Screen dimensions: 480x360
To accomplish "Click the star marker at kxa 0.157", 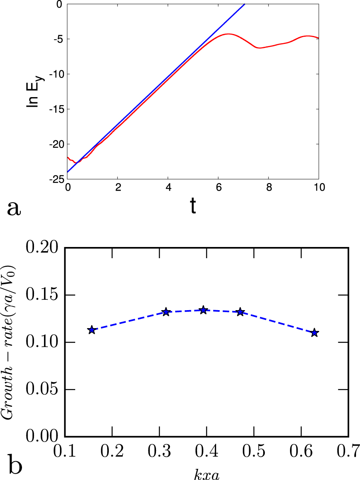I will [x=92, y=330].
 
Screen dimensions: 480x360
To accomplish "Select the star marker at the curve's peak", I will [x=203, y=310].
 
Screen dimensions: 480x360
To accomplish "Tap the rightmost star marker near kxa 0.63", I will [x=314, y=333].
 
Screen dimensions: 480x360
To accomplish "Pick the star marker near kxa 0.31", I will [x=166, y=312].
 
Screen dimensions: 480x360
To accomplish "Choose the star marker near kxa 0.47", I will [x=240, y=312].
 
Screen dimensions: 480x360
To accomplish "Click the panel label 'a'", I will [x=14, y=208].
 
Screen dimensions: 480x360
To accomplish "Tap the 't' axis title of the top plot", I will [x=193, y=207].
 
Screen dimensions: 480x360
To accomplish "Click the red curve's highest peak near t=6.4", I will [x=228, y=34].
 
